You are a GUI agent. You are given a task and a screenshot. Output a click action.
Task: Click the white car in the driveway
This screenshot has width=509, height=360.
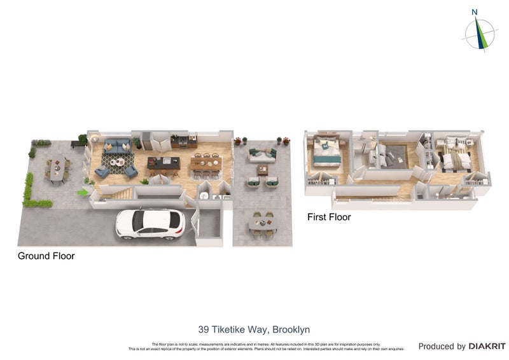tap(150, 224)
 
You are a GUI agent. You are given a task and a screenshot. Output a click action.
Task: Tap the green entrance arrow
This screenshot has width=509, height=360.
tap(83, 191)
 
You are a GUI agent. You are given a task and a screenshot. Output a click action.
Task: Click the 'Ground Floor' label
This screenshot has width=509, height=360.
tap(46, 256)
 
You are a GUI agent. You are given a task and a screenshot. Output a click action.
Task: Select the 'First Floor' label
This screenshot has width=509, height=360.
tap(329, 217)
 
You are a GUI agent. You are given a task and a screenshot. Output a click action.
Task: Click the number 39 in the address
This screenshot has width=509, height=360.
tap(204, 329)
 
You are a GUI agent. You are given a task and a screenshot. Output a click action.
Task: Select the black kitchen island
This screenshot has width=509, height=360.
tap(164, 165)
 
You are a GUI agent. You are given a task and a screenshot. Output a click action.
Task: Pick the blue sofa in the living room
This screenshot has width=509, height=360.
tap(117, 146)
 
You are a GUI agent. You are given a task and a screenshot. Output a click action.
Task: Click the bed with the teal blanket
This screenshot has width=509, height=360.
tap(326, 151)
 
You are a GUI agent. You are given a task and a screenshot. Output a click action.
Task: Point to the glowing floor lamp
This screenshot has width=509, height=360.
tap(95, 139)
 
